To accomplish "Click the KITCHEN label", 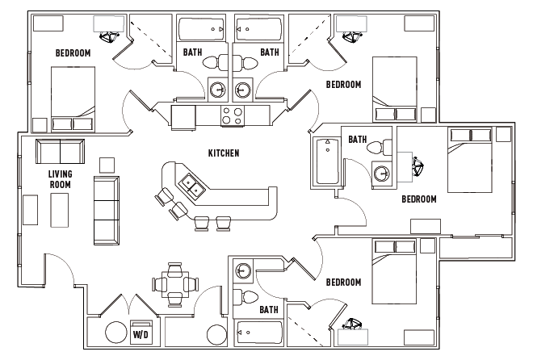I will [224, 153].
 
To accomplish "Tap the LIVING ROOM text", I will [60, 178].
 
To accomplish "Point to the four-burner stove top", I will [233, 115].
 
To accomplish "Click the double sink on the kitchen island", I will [191, 187].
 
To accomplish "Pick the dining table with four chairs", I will [175, 283].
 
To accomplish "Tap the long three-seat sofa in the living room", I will [106, 210].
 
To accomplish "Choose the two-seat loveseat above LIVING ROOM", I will [60, 151].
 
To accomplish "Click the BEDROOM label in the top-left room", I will [73, 53].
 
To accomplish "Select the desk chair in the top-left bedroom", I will [107, 36].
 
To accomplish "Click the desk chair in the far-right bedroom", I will [419, 166].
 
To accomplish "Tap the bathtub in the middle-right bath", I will [325, 161].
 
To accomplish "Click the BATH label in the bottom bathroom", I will [270, 309].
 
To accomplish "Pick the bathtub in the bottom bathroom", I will [259, 333].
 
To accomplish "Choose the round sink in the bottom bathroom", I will [243, 271].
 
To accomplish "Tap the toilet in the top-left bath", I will [212, 63].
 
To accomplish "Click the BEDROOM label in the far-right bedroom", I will [419, 199].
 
